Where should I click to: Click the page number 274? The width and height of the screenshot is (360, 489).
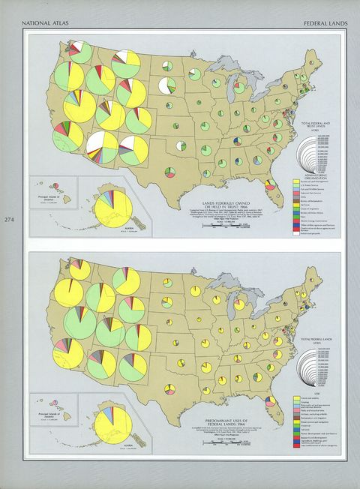pyautogui.click(x=9, y=220)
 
